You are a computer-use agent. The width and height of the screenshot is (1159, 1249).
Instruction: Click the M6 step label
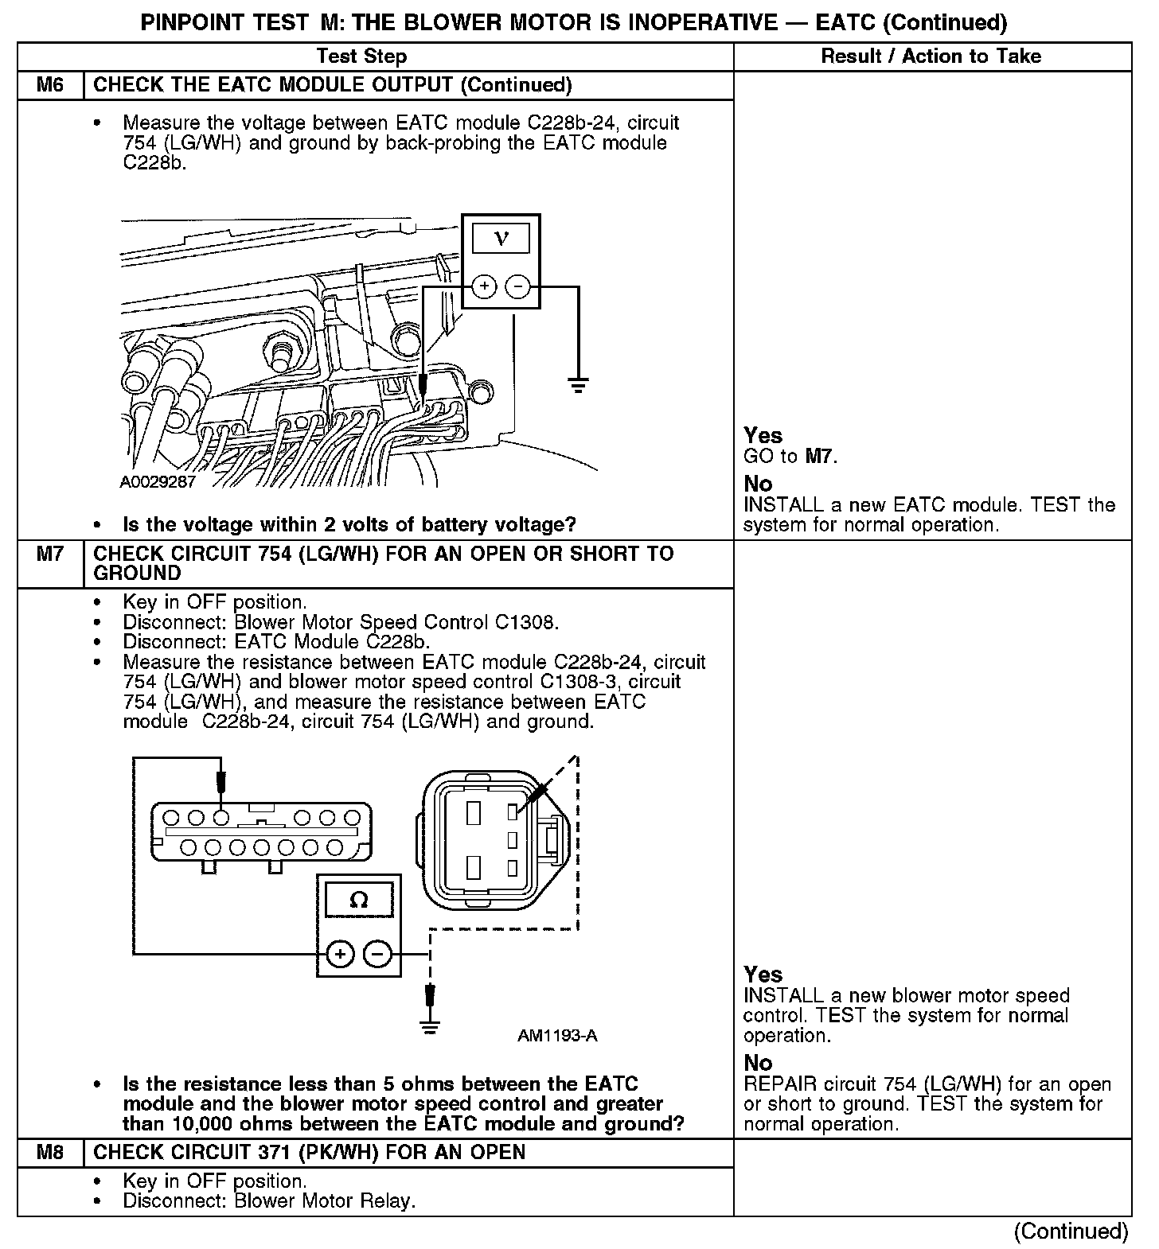click(x=49, y=85)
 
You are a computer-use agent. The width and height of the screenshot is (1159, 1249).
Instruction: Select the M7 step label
click(x=49, y=554)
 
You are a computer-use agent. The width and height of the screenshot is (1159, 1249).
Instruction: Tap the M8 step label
click(x=49, y=1152)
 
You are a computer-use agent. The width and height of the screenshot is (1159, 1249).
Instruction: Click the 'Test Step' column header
click(x=361, y=56)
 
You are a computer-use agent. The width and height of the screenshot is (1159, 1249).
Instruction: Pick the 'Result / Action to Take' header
click(x=931, y=56)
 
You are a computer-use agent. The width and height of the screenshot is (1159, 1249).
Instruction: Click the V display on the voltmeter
click(x=501, y=237)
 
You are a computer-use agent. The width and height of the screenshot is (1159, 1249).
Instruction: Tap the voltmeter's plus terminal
click(x=484, y=286)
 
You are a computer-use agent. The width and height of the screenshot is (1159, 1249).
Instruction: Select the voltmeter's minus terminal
click(x=518, y=286)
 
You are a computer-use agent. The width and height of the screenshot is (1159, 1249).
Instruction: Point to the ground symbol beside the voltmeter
click(x=578, y=386)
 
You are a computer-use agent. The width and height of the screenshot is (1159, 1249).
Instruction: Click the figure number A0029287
click(x=158, y=483)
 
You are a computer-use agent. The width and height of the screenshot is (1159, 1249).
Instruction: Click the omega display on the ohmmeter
click(x=359, y=900)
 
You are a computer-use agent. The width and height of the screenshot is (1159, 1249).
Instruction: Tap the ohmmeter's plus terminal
click(x=340, y=953)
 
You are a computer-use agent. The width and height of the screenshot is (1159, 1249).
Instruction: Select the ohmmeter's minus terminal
click(x=378, y=953)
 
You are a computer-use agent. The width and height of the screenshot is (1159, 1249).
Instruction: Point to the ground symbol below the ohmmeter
click(x=430, y=1026)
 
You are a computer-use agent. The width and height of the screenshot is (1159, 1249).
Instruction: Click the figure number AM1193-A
click(x=557, y=1036)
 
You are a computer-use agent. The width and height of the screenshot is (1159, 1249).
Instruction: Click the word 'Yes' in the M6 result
click(x=763, y=435)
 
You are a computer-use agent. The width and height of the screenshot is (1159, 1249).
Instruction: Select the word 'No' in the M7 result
click(x=758, y=1063)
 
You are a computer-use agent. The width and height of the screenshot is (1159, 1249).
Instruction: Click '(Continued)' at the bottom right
click(x=1071, y=1231)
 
